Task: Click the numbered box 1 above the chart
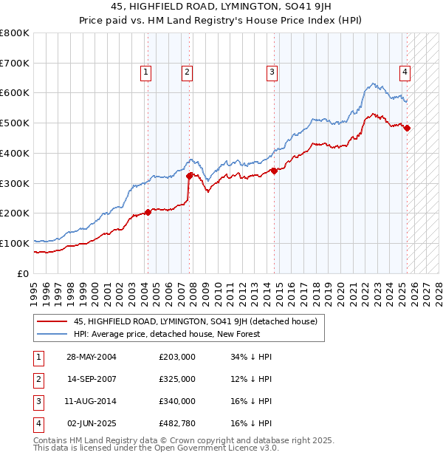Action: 146,72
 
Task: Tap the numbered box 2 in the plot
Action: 188,72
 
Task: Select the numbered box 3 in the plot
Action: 272,72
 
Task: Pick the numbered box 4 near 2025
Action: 405,72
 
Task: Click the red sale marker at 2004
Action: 148,212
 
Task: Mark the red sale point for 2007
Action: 190,175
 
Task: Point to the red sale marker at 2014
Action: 274,171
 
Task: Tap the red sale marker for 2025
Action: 408,128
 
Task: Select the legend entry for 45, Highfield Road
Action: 195,321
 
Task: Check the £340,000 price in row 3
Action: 177,401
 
